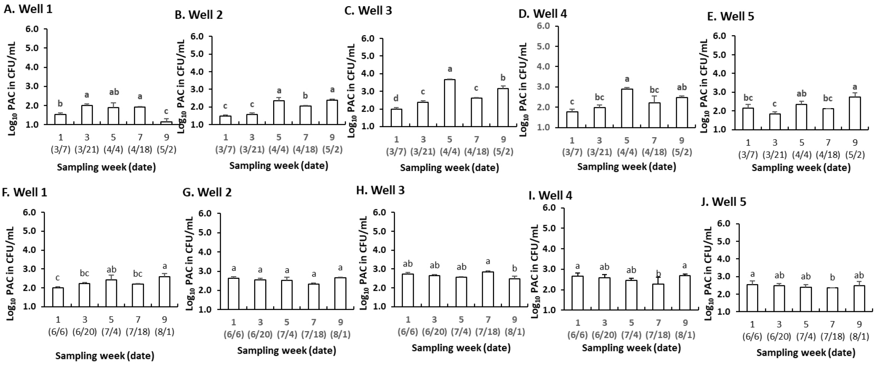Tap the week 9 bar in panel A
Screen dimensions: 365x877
click(x=166, y=123)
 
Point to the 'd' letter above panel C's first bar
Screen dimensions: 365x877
click(x=397, y=98)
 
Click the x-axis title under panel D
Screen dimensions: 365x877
click(x=626, y=167)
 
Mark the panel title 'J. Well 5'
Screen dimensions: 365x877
click(x=729, y=202)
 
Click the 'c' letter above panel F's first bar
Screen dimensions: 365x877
click(x=57, y=278)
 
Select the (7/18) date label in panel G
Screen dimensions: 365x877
click(x=314, y=334)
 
